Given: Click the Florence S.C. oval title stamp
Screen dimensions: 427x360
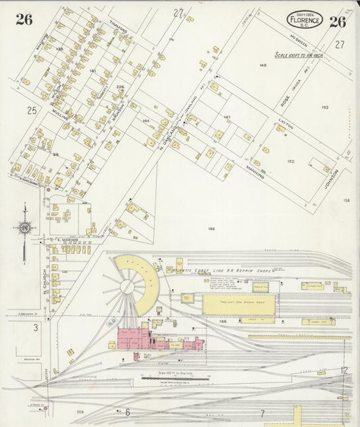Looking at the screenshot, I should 304,20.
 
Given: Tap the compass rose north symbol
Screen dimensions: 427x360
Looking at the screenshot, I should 25,228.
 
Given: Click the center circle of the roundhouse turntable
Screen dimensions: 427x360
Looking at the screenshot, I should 127,286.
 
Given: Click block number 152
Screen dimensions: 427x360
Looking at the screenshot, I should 290,161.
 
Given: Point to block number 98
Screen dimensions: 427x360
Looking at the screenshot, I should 56,155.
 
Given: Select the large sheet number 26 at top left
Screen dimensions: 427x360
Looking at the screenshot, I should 24,19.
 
